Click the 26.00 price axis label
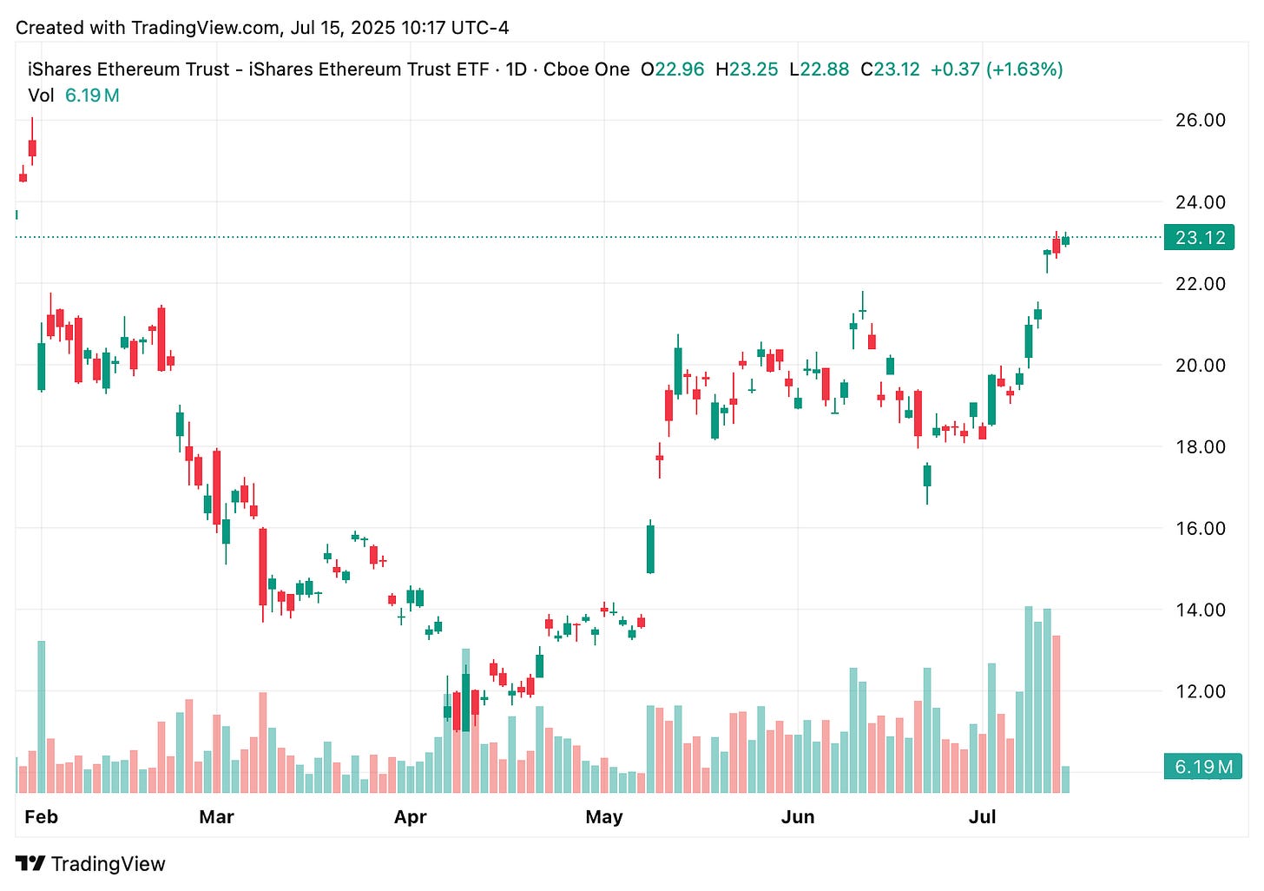click(x=1200, y=120)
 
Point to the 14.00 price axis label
click(x=1200, y=610)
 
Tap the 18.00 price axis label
click(x=1200, y=446)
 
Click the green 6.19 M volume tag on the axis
click(x=1202, y=767)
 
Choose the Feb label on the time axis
click(x=41, y=817)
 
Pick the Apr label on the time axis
click(x=410, y=817)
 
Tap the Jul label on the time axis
click(x=982, y=817)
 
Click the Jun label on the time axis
click(x=797, y=817)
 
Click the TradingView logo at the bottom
click(x=90, y=864)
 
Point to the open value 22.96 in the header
click(x=679, y=69)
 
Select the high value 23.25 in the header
click(x=753, y=69)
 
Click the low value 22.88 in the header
click(x=824, y=69)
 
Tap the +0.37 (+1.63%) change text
click(x=996, y=69)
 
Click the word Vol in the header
click(x=41, y=96)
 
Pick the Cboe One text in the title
click(x=586, y=69)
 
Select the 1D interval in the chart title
click(x=517, y=69)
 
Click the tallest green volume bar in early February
click(x=41, y=716)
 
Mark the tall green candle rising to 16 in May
click(x=650, y=549)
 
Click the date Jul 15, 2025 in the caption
click(x=342, y=28)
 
